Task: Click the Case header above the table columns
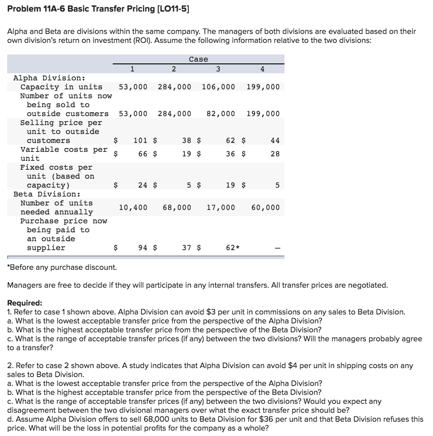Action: [x=198, y=59]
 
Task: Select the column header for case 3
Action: [x=218, y=69]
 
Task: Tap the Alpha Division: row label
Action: [x=46, y=78]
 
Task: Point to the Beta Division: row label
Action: [x=47, y=194]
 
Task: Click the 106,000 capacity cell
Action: [x=218, y=87]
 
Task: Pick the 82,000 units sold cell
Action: [x=221, y=113]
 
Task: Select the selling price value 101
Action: [x=140, y=140]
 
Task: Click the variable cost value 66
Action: [x=143, y=154]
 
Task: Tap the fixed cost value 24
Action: [x=143, y=185]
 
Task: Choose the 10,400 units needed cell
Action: [x=133, y=207]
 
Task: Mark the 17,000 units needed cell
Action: [x=221, y=207]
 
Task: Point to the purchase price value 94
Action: [x=143, y=247]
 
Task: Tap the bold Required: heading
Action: [x=25, y=302]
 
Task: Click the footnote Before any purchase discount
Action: [x=62, y=267]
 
